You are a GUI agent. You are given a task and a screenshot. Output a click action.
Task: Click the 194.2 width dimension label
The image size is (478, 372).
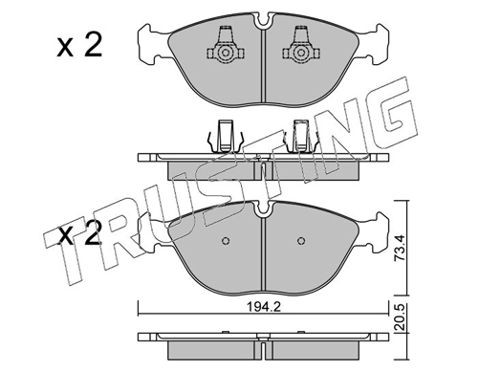pos(264,307)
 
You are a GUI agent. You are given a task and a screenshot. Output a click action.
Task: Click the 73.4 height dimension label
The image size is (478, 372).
pos(401,248)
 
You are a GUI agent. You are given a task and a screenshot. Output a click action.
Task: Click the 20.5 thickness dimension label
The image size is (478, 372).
pos(401,317)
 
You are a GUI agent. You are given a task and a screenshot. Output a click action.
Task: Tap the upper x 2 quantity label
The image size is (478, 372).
pos(79,46)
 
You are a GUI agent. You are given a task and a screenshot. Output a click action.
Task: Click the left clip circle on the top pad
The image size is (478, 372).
pos(225,53)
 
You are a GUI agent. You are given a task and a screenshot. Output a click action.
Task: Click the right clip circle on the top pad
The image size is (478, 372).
pos(300,53)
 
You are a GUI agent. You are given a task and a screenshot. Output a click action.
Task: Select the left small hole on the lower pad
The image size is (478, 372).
pos(226,241)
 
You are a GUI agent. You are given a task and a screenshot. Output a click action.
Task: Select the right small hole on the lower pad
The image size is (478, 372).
pos(301,241)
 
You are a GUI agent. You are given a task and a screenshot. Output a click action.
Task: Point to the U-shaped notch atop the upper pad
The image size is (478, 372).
pos(263,21)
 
